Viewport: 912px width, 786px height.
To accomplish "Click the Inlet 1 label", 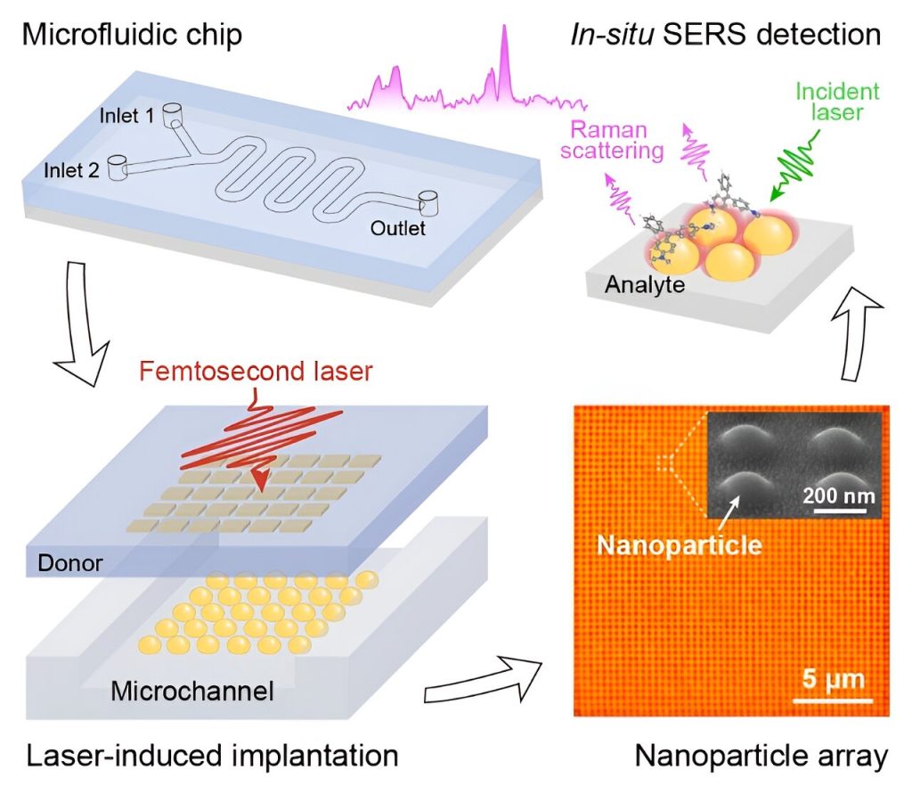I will [131, 115].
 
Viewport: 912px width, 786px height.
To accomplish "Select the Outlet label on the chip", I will [398, 229].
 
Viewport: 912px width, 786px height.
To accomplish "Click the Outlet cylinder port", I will [428, 202].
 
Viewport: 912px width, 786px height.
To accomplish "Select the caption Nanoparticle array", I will [761, 756].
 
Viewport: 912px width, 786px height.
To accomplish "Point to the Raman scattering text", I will [618, 140].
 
